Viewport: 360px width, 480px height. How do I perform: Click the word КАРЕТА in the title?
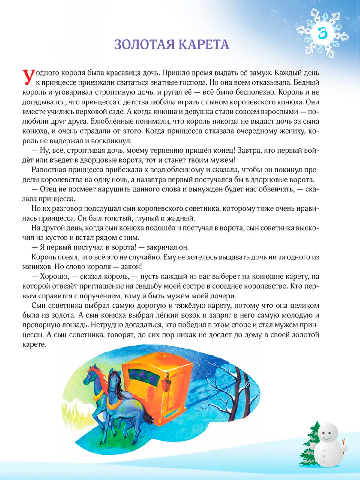204,44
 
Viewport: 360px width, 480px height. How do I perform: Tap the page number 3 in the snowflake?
322,33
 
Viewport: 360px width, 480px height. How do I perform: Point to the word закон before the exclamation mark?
130,267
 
